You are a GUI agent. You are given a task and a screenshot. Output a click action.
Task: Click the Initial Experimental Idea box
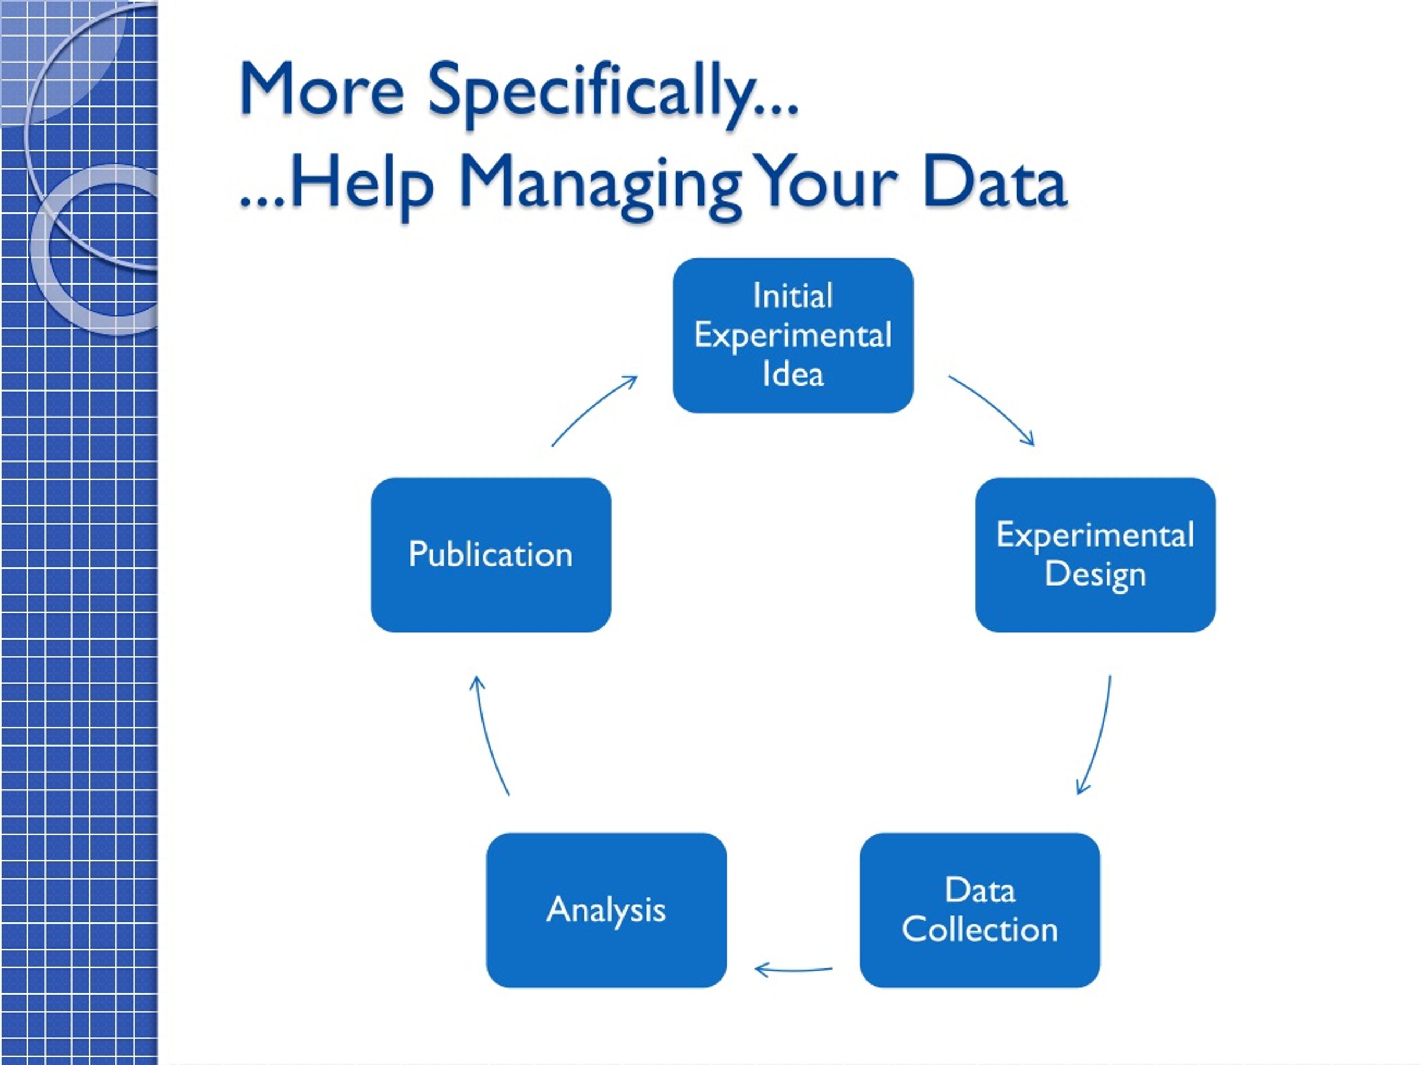793,335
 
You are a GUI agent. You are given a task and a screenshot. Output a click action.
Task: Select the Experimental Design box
1095,555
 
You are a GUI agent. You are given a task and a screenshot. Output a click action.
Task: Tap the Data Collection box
980,910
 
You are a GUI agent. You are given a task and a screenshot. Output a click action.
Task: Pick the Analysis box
607,910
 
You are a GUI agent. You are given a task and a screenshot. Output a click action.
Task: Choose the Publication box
491,555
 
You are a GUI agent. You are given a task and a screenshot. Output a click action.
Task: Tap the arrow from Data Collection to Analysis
793,970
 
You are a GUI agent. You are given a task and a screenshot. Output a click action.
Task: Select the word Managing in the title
600,185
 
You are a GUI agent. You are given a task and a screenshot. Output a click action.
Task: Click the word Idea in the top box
793,374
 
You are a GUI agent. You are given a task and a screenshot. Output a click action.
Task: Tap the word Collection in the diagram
980,930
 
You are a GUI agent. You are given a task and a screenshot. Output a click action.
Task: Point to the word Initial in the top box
793,296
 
